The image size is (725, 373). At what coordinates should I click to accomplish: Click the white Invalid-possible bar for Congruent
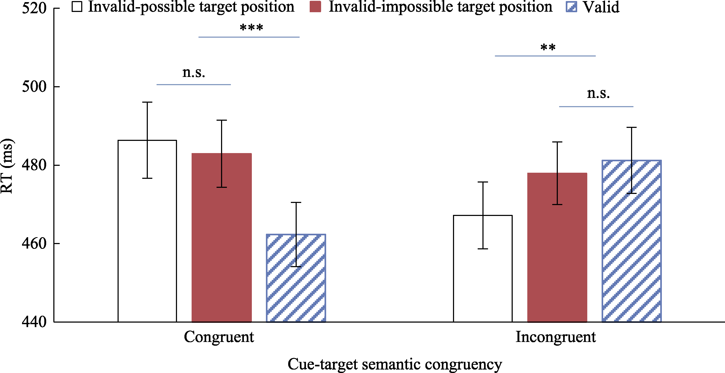pyautogui.click(x=147, y=231)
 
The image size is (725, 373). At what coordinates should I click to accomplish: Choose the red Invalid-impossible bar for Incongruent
pyautogui.click(x=557, y=247)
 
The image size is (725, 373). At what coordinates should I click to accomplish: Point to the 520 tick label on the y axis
pyautogui.click(x=34, y=8)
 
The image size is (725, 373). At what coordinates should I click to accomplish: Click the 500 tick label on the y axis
pyautogui.click(x=34, y=86)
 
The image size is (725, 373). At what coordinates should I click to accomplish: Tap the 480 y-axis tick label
pyautogui.click(x=34, y=165)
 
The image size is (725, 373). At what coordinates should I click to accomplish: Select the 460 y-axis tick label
pyautogui.click(x=34, y=243)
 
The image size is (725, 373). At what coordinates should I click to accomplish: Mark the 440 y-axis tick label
pyautogui.click(x=34, y=322)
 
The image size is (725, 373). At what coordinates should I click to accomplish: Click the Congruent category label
pyautogui.click(x=219, y=337)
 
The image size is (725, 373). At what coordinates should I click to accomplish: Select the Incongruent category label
pyautogui.click(x=556, y=337)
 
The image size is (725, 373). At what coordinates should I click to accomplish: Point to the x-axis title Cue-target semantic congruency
pyautogui.click(x=395, y=364)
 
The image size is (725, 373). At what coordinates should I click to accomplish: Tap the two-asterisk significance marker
pyautogui.click(x=548, y=47)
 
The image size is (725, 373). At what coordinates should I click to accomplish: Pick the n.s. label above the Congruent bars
pyautogui.click(x=194, y=73)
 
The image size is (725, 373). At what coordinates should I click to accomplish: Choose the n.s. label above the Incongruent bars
pyautogui.click(x=598, y=93)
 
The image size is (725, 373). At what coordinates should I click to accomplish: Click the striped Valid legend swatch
pyautogui.click(x=571, y=7)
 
